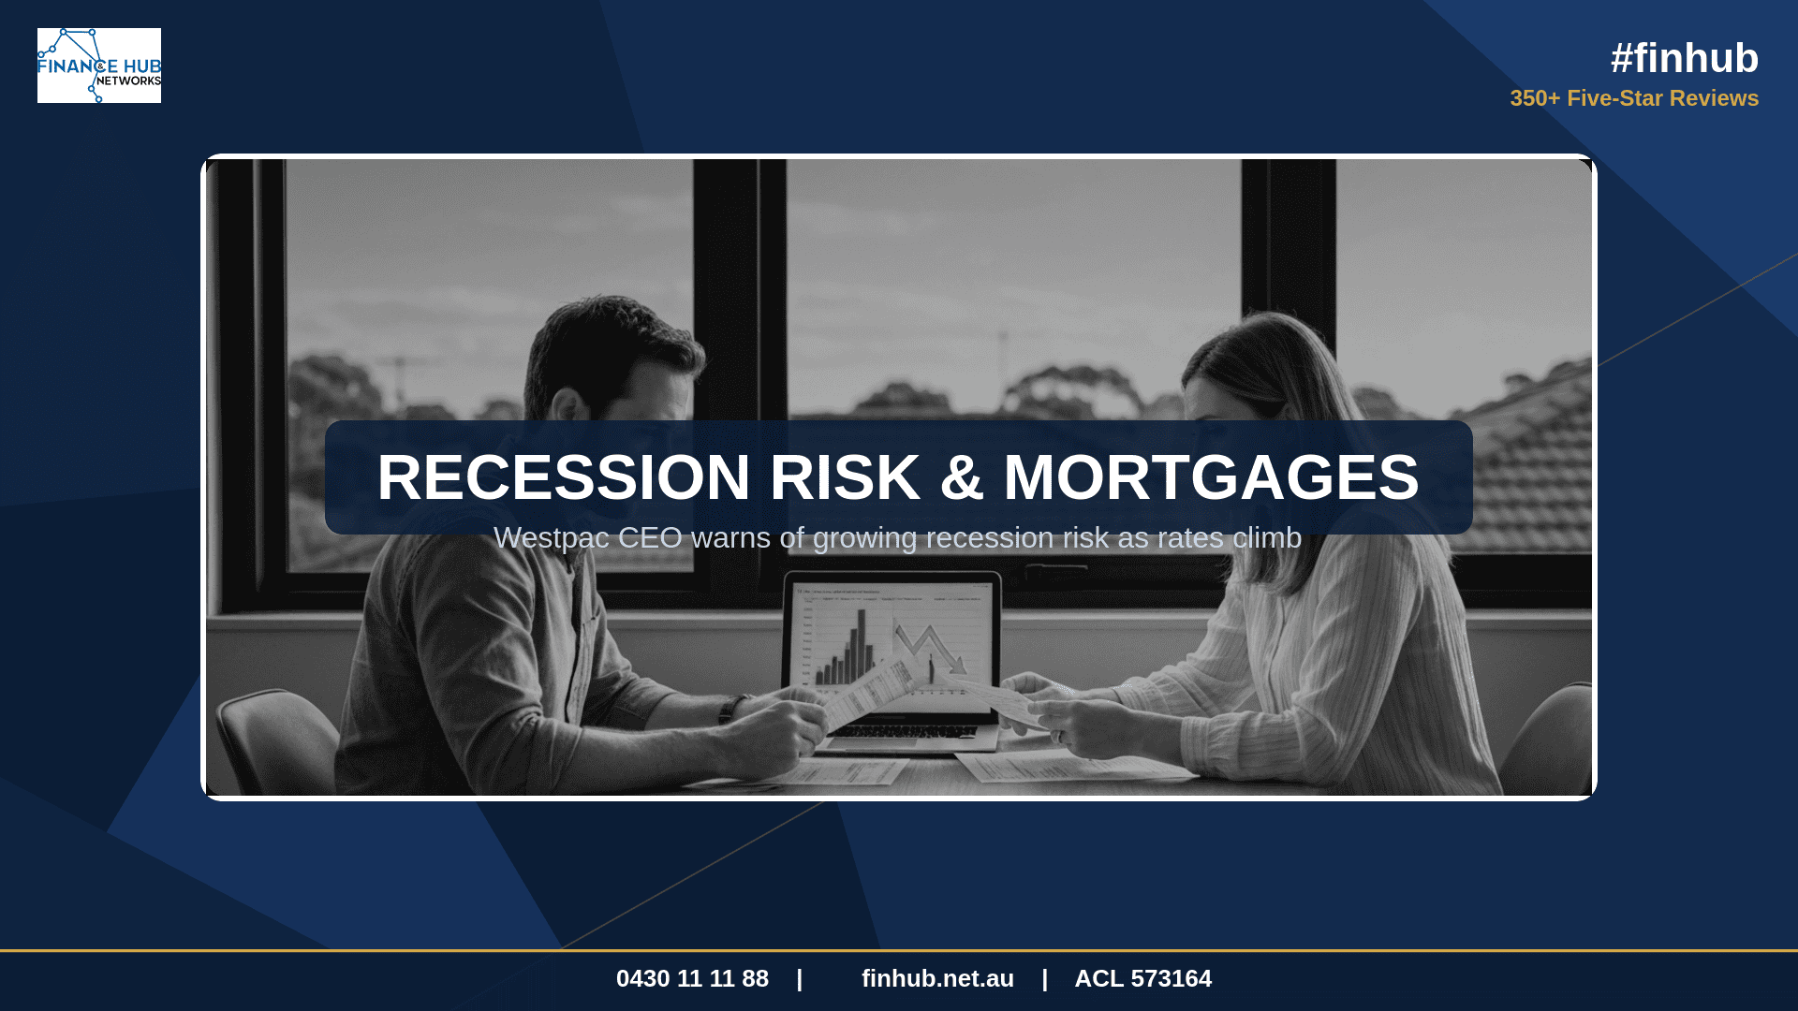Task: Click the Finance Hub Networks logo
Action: [x=99, y=66]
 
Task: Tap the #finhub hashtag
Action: [x=1684, y=58]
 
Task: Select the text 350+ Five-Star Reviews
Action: [x=1634, y=98]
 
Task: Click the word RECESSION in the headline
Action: [x=564, y=477]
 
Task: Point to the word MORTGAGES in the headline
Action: [x=1211, y=477]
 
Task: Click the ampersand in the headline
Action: [x=962, y=477]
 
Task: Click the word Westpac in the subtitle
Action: [x=552, y=538]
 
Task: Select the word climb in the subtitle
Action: [x=1267, y=538]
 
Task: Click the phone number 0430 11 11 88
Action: [x=692, y=978]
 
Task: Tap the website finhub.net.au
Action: [x=937, y=978]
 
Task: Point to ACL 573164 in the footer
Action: [x=1142, y=978]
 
